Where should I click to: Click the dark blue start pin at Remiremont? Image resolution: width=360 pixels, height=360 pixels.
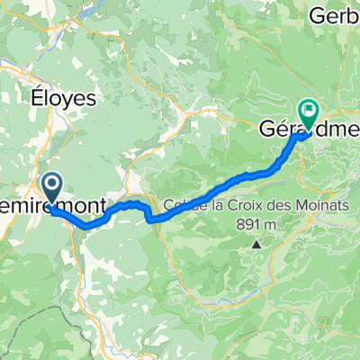52,188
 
